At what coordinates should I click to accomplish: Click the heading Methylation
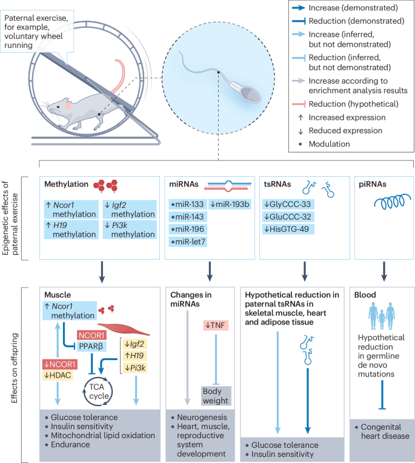tap(67, 182)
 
